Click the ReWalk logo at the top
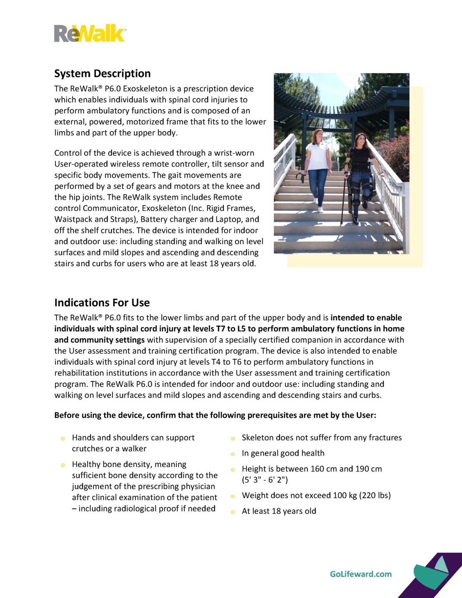(x=90, y=33)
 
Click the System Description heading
(x=102, y=74)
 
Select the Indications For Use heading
(x=102, y=303)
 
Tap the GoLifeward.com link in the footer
(x=360, y=574)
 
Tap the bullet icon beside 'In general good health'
(x=233, y=454)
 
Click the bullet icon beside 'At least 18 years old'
(x=233, y=512)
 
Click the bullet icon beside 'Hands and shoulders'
(x=63, y=438)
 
